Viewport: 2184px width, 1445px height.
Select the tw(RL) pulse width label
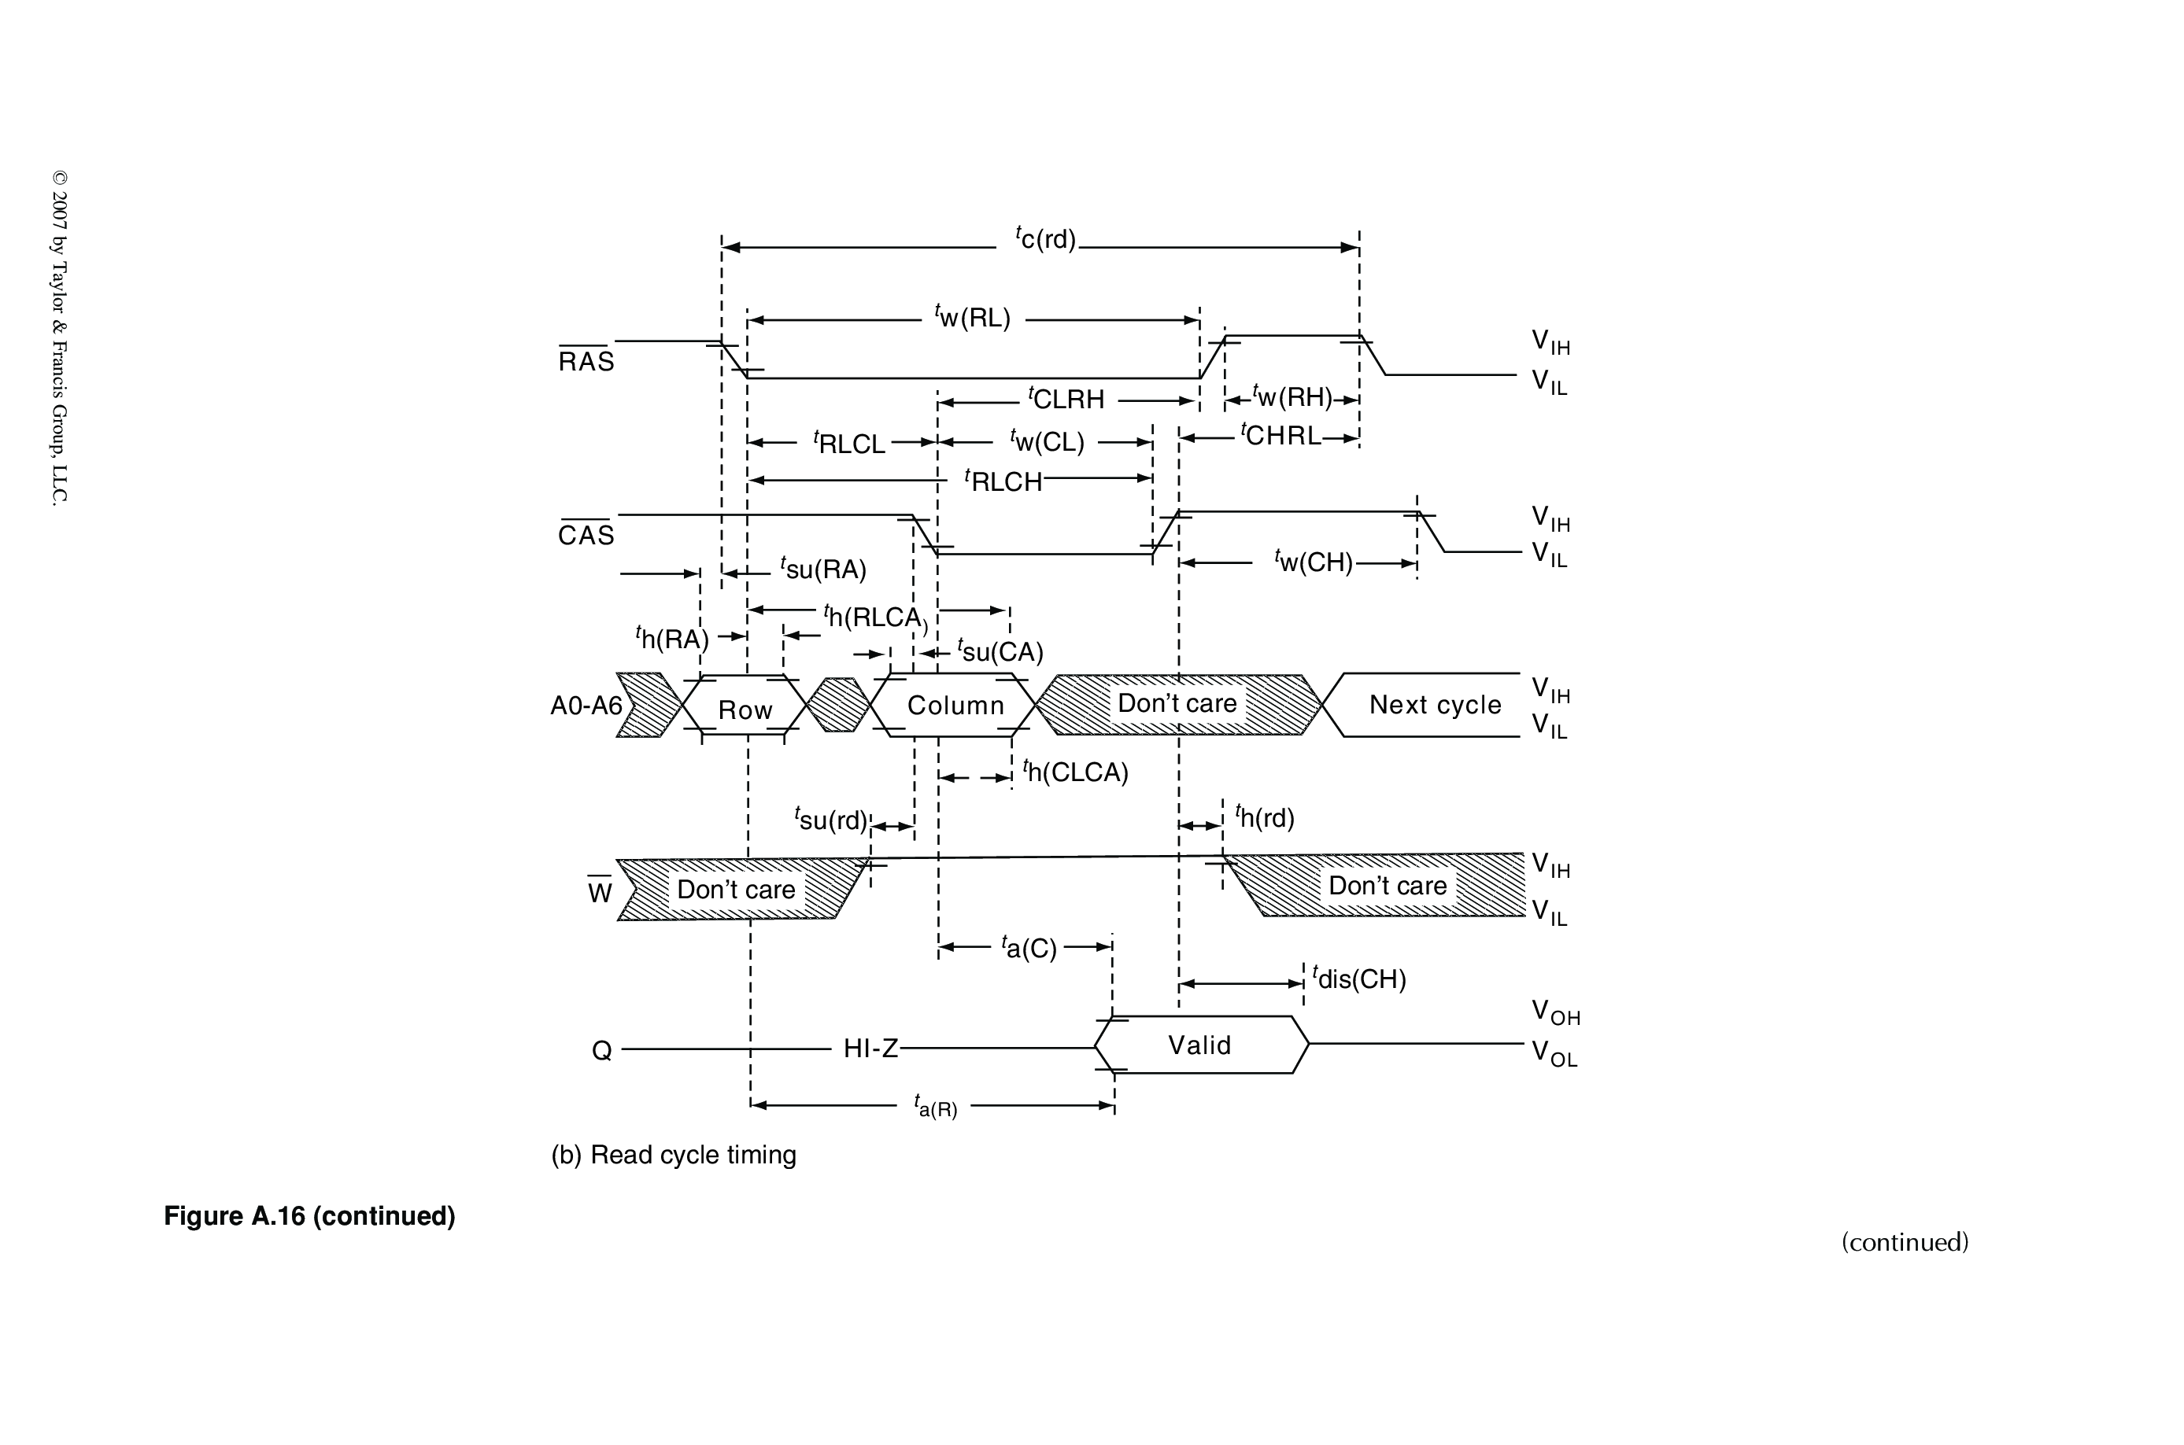973,318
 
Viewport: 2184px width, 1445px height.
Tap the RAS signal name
586,361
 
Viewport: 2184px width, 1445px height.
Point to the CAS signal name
586,536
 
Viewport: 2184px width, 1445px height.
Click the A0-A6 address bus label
586,706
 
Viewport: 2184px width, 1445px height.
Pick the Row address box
745,710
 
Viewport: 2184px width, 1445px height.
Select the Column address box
955,706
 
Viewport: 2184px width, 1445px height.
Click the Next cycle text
1435,705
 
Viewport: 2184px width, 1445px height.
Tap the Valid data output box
1199,1045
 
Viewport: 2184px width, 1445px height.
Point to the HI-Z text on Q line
870,1049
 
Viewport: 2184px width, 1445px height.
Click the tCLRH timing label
1066,399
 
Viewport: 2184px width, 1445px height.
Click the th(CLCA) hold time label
1076,772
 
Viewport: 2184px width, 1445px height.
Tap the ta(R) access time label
935,1106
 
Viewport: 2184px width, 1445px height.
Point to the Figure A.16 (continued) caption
310,1216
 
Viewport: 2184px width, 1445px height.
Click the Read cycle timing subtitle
674,1155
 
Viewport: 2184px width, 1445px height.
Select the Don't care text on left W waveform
736,890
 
